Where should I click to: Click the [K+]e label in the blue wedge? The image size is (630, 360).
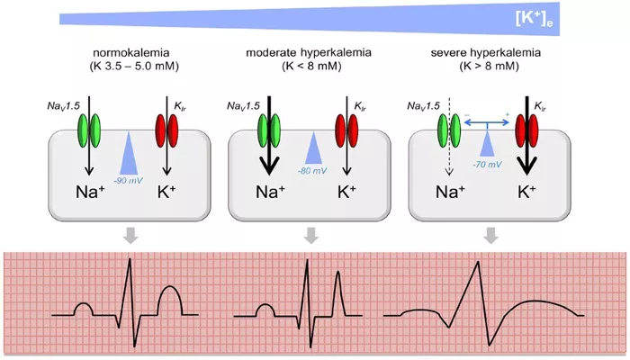pyautogui.click(x=534, y=19)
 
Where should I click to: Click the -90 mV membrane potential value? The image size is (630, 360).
pyautogui.click(x=128, y=180)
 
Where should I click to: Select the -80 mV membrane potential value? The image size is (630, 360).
pyautogui.click(x=312, y=171)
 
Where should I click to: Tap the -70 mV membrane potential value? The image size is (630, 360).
pyautogui.click(x=487, y=164)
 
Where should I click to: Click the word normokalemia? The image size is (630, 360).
pyautogui.click(x=131, y=52)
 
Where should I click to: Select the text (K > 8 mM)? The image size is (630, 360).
pyautogui.click(x=489, y=66)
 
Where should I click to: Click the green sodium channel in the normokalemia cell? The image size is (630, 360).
pyautogui.click(x=89, y=130)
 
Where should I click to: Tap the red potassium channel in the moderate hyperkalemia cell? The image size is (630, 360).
pyautogui.click(x=346, y=130)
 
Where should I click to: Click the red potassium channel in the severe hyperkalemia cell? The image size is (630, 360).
pyautogui.click(x=526, y=130)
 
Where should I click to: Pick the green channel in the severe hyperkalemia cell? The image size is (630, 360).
pyautogui.click(x=449, y=130)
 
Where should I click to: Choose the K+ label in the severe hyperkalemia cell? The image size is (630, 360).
pyautogui.click(x=526, y=192)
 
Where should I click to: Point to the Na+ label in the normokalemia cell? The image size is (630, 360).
pyautogui.click(x=90, y=192)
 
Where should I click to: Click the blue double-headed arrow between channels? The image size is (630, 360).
pyautogui.click(x=487, y=122)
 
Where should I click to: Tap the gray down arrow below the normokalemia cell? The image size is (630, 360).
pyautogui.click(x=130, y=236)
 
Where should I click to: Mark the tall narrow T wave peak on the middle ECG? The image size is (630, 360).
pyautogui.click(x=338, y=272)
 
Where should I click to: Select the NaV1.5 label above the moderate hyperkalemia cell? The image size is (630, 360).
pyautogui.click(x=243, y=106)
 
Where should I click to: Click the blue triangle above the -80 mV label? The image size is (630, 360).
pyautogui.click(x=313, y=148)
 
